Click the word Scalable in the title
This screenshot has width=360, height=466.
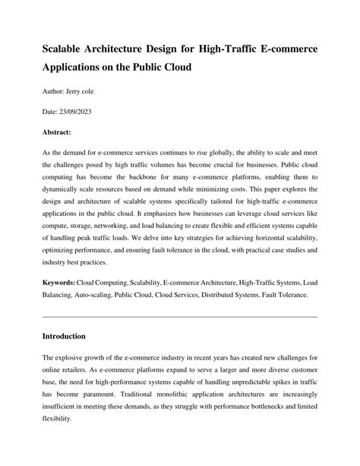click(67, 49)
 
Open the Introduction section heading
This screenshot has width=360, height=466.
click(64, 335)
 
